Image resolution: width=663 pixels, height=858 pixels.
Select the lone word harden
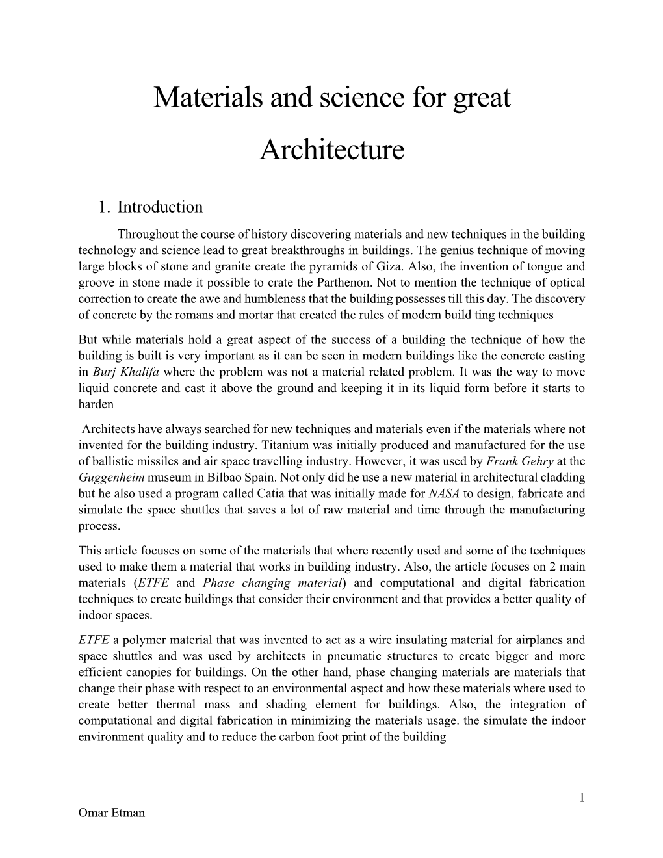96,404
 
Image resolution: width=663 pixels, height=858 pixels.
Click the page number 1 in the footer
582,798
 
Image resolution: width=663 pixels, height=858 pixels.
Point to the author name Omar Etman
111,813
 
